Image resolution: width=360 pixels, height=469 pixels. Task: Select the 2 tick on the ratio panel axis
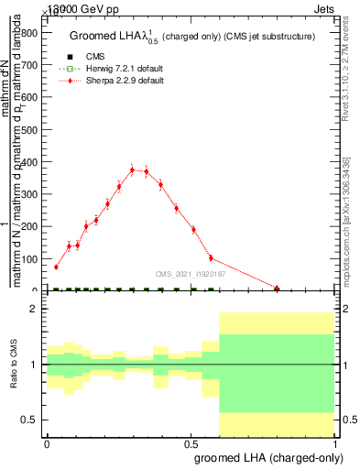click(34, 309)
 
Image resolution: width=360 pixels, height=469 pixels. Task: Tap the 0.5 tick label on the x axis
click(191, 443)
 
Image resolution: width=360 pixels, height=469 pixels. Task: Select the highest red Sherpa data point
click(132, 169)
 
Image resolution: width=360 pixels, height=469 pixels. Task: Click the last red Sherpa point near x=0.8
click(278, 288)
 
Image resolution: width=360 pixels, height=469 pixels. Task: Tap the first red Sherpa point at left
click(56, 267)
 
